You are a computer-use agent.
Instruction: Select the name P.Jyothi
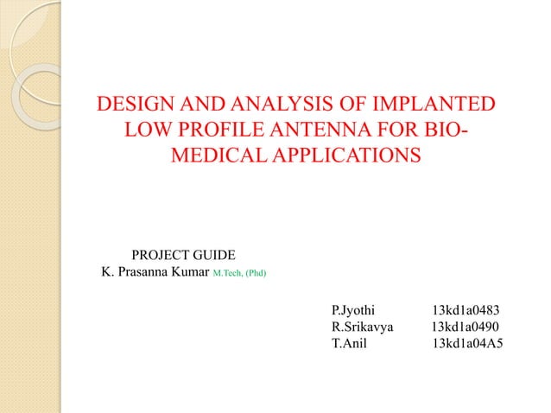pos(354,309)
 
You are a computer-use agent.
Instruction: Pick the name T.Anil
pos(349,344)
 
